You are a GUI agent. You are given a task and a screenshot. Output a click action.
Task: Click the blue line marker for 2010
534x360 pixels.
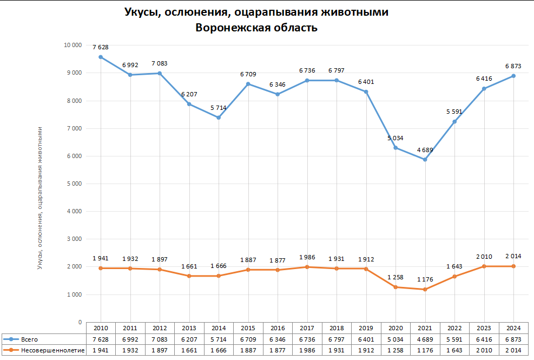pyautogui.click(x=101, y=57)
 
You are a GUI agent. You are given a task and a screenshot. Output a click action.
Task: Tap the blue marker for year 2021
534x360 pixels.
pyautogui.click(x=425, y=160)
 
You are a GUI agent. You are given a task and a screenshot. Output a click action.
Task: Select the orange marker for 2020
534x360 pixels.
pyautogui.click(x=395, y=287)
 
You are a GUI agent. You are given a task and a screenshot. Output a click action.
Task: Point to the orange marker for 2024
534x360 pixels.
pyautogui.click(x=513, y=266)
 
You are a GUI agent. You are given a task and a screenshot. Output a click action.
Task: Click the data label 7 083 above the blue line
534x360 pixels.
pyautogui.click(x=160, y=63)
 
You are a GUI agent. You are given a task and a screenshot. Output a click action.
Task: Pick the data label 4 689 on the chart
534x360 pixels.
pyautogui.click(x=425, y=149)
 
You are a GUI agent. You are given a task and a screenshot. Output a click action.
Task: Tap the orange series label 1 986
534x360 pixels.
pyautogui.click(x=307, y=257)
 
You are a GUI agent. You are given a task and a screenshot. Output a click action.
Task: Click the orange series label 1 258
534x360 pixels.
pyautogui.click(x=395, y=277)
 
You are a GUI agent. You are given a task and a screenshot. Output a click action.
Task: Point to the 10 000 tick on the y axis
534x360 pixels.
pyautogui.click(x=72, y=45)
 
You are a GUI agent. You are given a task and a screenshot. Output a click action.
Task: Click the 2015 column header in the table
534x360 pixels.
pyautogui.click(x=248, y=328)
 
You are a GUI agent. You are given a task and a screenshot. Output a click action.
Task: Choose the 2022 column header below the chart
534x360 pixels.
pyautogui.click(x=454, y=328)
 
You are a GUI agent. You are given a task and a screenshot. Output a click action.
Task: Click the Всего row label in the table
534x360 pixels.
pyautogui.click(x=30, y=339)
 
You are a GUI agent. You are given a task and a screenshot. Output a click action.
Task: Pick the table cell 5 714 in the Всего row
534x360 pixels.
pyautogui.click(x=219, y=339)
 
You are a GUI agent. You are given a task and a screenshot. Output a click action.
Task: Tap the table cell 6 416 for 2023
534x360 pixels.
pyautogui.click(x=484, y=339)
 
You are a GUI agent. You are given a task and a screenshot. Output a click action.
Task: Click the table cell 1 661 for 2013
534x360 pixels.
pyautogui.click(x=189, y=350)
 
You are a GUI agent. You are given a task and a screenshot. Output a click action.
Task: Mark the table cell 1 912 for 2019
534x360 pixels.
pyautogui.click(x=366, y=350)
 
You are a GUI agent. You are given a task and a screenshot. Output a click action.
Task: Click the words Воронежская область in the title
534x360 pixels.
pyautogui.click(x=256, y=28)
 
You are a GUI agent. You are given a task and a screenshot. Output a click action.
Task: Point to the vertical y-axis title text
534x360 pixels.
pyautogui.click(x=40, y=198)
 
